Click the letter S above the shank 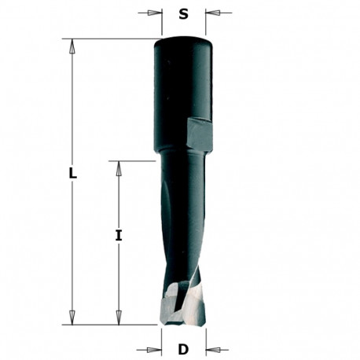point(184,13)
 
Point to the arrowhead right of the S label point(213,13)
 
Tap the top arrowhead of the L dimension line point(73,45)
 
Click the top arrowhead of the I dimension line point(119,167)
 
